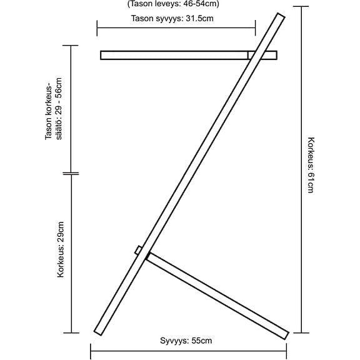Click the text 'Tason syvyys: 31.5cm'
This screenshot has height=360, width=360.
172,18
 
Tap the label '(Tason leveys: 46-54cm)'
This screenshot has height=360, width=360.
173,4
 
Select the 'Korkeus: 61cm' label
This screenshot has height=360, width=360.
311,165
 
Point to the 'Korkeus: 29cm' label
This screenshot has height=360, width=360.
61,249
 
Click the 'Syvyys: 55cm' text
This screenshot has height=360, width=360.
186,341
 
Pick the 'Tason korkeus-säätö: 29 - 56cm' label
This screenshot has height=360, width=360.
54,109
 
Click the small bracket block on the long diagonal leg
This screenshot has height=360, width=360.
138,250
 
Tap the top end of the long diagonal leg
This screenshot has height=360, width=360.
281,15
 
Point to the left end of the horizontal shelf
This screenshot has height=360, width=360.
101,56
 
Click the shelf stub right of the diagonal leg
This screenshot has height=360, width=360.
270,56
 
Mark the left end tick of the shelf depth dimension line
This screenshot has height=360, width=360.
97,28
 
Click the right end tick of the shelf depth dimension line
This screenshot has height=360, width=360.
255,28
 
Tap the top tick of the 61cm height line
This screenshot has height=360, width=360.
301,7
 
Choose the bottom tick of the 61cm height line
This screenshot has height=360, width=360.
301,332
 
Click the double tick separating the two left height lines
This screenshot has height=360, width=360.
71,174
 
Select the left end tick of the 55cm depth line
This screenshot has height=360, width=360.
91,351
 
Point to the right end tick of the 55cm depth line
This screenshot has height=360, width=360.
286,351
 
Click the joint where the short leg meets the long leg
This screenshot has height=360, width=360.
148,256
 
